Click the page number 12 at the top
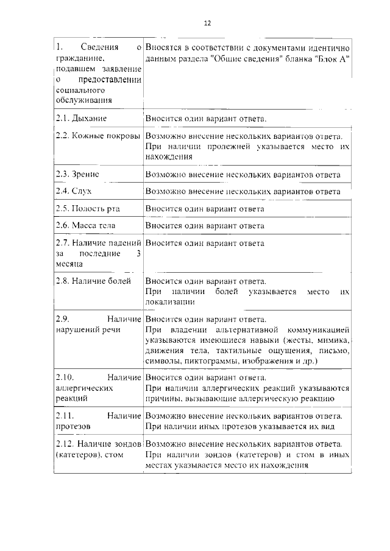(207, 23)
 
